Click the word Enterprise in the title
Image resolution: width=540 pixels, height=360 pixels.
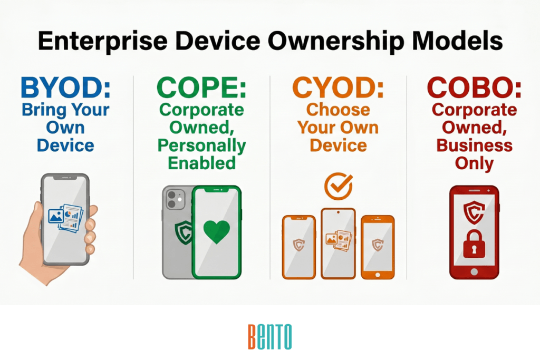click(x=103, y=41)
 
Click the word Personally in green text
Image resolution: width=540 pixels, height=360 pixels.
click(x=202, y=146)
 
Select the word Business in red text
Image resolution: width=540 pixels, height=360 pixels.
click(x=474, y=145)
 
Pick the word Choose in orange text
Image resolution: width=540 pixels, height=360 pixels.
click(x=338, y=110)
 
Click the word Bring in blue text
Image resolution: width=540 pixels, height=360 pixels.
click(x=44, y=110)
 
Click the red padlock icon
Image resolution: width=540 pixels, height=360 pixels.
click(x=474, y=244)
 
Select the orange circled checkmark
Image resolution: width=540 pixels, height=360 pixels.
click(x=339, y=186)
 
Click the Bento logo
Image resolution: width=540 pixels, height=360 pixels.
click(x=269, y=337)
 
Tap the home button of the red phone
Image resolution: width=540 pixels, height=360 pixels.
click(x=474, y=272)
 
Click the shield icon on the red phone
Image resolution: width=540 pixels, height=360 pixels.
click(x=474, y=212)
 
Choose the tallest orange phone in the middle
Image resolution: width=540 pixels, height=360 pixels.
click(x=338, y=244)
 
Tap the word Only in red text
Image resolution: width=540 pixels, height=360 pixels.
click(x=474, y=163)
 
